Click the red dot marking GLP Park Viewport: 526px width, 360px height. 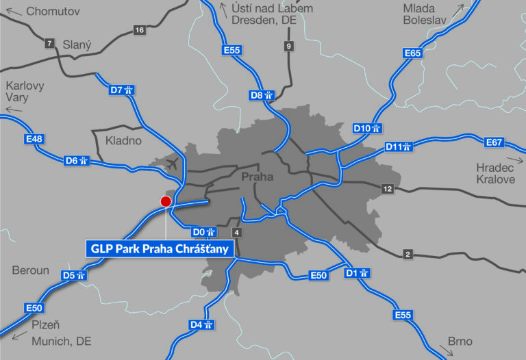point(165,201)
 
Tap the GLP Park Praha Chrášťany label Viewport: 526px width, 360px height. point(159,248)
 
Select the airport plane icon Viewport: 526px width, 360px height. point(172,164)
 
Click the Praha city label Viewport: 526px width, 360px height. point(258,177)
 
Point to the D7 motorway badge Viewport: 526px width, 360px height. point(121,90)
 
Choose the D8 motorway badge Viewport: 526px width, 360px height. point(262,95)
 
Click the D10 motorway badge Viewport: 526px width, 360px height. point(367,128)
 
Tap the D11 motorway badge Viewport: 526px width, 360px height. point(398,146)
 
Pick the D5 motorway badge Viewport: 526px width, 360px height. point(73,275)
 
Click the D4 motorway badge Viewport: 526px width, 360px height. point(203,324)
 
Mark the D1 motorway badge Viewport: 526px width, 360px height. point(358,273)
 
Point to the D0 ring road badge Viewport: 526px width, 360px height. point(205,232)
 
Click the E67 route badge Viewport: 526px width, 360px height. point(494,142)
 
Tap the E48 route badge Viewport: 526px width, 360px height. point(34,140)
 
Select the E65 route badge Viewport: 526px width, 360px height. point(413,53)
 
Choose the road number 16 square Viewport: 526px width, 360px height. point(140,30)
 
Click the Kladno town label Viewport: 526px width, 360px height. point(123,141)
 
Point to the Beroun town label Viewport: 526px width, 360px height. point(30,270)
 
